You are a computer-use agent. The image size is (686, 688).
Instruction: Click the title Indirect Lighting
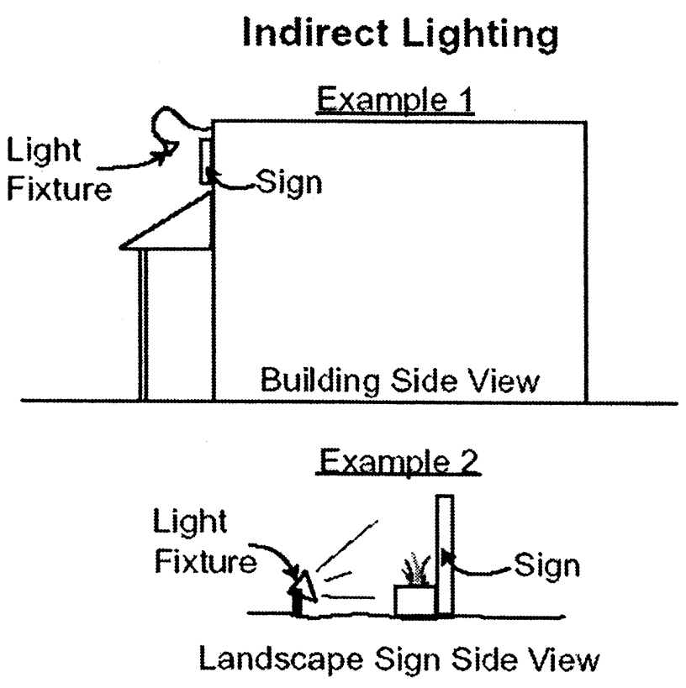pyautogui.click(x=399, y=36)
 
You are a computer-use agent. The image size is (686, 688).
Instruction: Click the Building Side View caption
pyautogui.click(x=398, y=381)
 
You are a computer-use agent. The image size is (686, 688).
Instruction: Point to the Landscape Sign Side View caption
pyautogui.click(x=399, y=659)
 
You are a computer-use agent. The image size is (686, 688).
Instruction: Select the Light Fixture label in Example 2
pyautogui.click(x=203, y=542)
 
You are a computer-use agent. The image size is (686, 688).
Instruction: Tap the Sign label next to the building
pyautogui.click(x=289, y=181)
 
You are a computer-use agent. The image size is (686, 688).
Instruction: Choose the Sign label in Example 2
pyautogui.click(x=546, y=565)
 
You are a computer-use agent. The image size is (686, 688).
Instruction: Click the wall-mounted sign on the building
pyautogui.click(x=205, y=161)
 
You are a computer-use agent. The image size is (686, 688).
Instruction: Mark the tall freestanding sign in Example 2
pyautogui.click(x=445, y=554)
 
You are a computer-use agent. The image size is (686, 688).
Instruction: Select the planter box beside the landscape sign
pyautogui.click(x=414, y=601)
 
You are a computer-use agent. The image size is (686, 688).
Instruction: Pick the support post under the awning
pyautogui.click(x=144, y=324)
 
